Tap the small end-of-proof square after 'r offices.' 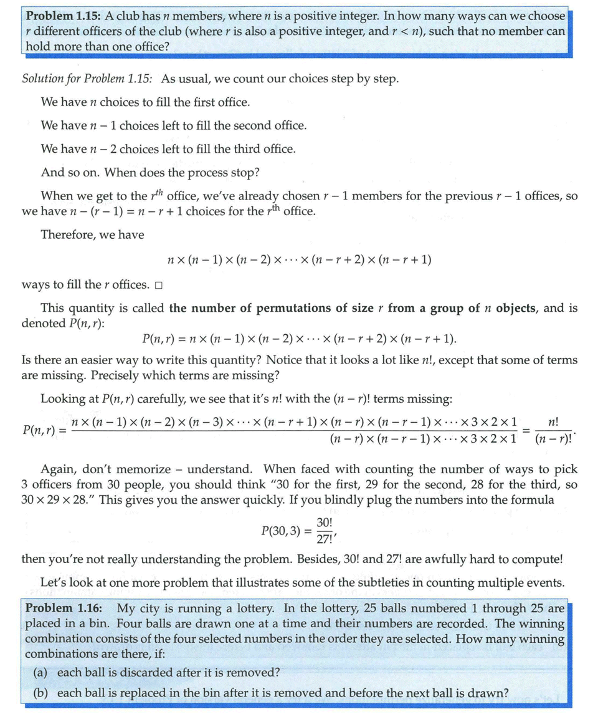[x=158, y=286]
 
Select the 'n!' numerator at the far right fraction [x=551, y=422]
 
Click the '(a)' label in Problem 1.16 [x=42, y=672]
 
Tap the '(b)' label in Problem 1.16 [x=42, y=693]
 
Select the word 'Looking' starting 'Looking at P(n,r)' [x=63, y=399]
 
